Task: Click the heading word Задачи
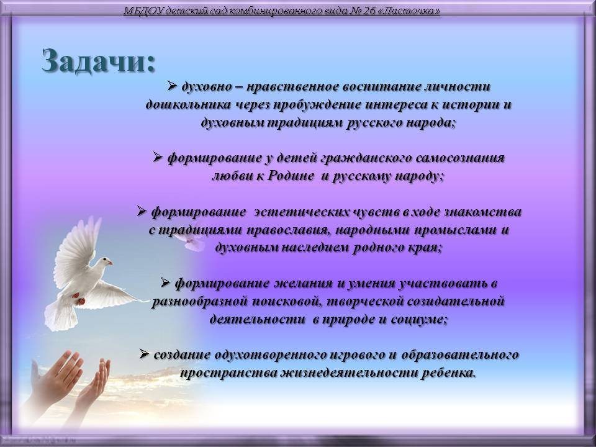99,61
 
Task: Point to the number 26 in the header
369,11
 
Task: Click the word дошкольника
188,105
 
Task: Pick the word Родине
291,176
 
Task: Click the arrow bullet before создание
144,354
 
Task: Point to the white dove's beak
111,262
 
